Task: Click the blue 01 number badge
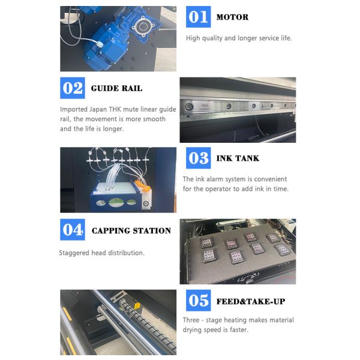tap(198, 17)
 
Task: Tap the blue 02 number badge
tap(73, 88)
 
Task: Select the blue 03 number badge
tap(198, 158)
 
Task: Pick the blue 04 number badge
tap(73, 230)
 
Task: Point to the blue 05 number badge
tap(198, 301)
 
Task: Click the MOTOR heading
tap(232, 17)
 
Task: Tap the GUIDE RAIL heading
tap(116, 88)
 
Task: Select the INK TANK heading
tap(238, 158)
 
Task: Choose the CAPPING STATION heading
tap(131, 230)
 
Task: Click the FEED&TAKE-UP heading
tap(251, 301)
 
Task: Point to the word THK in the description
tap(115, 109)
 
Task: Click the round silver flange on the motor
tap(144, 26)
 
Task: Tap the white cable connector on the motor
tap(100, 44)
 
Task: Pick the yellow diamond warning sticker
tap(137, 306)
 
